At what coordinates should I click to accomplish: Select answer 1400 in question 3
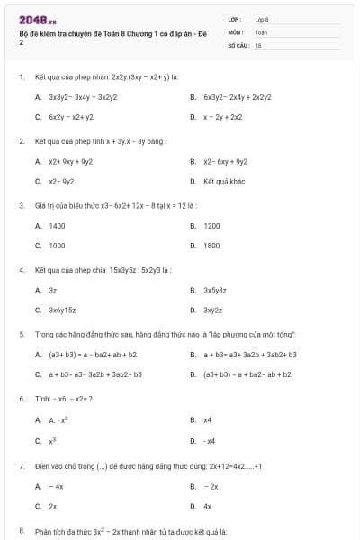click(57, 226)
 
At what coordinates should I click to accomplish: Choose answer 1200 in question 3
click(211, 226)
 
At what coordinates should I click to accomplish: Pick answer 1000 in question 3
click(57, 246)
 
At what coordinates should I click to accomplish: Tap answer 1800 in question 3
click(211, 246)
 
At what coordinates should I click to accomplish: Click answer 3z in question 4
click(53, 291)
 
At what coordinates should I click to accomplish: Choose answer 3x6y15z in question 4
click(62, 310)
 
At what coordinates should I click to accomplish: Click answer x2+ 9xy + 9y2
click(70, 162)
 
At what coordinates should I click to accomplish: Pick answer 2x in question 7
click(53, 506)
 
